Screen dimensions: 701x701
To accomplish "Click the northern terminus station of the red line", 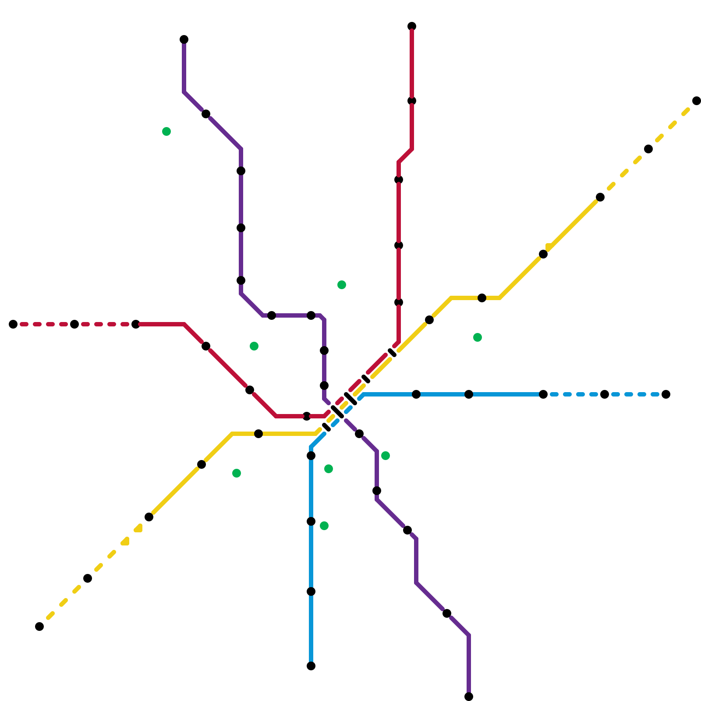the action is pos(412,26).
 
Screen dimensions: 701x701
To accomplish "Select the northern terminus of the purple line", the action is pos(184,40).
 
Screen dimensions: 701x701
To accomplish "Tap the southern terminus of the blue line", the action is pos(311,666).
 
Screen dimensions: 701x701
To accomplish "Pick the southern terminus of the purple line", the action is pos(469,697).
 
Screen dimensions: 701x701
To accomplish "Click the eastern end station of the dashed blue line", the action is pos(666,394).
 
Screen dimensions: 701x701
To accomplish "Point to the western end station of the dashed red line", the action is pos(13,324).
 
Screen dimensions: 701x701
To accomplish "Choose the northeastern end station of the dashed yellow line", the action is pos(697,101).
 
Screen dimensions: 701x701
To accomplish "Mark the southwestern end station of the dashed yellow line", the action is pos(39,627).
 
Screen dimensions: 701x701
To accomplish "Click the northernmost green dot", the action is pos(166,131).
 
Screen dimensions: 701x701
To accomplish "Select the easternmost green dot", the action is pos(478,337).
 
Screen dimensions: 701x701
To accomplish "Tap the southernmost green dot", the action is pos(324,526).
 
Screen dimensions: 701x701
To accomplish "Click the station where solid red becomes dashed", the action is pos(136,324).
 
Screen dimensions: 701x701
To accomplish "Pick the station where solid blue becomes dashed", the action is pos(543,394).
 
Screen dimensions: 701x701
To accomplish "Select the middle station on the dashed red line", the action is pos(74,324).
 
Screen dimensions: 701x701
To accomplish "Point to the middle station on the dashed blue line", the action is pos(605,394).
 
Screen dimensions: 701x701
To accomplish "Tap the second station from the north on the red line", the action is pos(412,101).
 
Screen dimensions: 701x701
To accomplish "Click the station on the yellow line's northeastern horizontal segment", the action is pos(482,298).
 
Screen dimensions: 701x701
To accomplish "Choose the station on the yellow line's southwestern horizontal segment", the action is pos(258,434).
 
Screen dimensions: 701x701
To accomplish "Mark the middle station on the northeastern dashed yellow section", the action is pos(648,149).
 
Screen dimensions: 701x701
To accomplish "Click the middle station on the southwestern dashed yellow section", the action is pos(88,578).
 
